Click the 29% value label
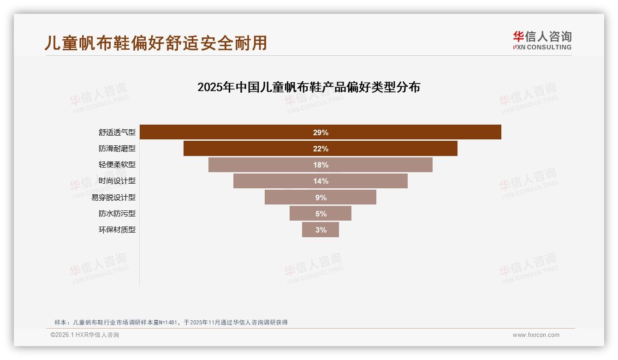click(x=321, y=132)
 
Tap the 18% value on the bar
click(x=321, y=165)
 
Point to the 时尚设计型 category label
click(x=117, y=181)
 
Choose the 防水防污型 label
click(x=117, y=214)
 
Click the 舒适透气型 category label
click(x=117, y=132)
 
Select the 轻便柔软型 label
click(x=117, y=165)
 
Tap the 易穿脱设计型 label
click(x=113, y=198)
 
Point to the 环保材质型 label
click(x=117, y=230)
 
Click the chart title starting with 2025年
click(x=309, y=87)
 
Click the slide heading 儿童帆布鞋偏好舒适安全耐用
click(x=156, y=43)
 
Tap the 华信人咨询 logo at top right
click(x=542, y=40)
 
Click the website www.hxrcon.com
click(x=536, y=335)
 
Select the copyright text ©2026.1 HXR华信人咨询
click(x=85, y=335)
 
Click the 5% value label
click(x=321, y=214)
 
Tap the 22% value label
click(x=321, y=149)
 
